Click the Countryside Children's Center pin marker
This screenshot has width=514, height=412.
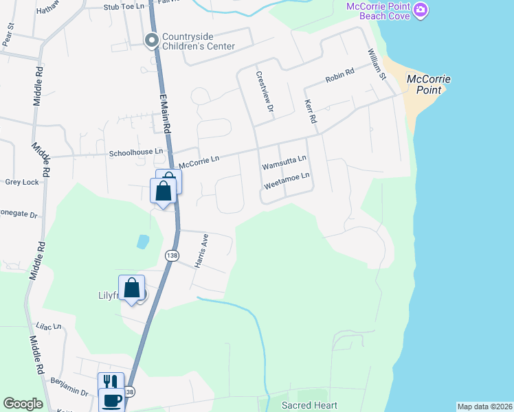(151, 41)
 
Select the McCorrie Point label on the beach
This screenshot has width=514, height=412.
(428, 84)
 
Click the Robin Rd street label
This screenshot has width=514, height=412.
(339, 75)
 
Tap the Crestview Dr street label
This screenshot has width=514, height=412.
(265, 92)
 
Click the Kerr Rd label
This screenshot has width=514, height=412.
(310, 111)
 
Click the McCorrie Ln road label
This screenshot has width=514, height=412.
(199, 162)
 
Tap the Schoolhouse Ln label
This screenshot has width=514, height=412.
(136, 151)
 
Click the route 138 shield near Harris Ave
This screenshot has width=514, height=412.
(170, 255)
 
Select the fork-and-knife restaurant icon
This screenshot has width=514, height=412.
(111, 382)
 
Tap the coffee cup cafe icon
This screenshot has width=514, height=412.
(111, 400)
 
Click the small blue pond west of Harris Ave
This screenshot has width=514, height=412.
(142, 241)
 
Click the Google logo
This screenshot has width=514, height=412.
(23, 404)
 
